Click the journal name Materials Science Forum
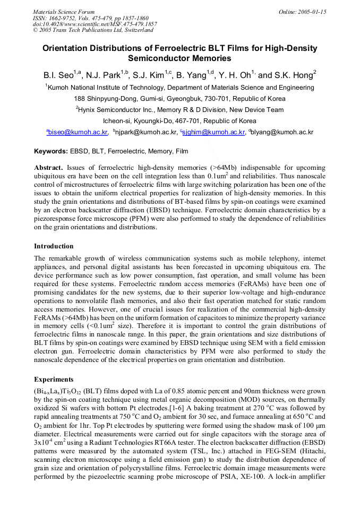pos(64,12)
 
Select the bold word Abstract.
pos(48,167)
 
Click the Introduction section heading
pos(54,246)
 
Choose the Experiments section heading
pos(54,379)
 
